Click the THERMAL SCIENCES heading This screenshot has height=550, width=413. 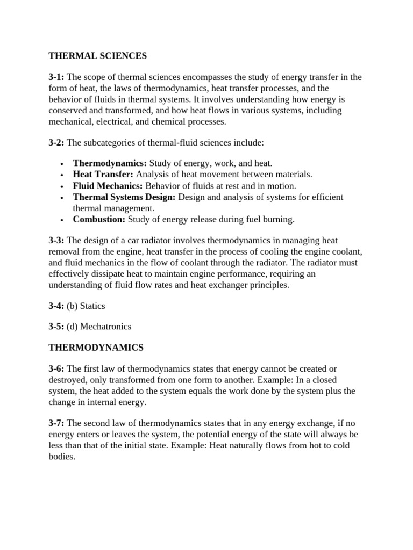97,55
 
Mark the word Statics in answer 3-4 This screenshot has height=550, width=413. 92,306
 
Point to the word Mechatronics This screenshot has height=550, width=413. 106,326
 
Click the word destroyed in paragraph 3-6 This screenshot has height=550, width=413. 68,379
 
